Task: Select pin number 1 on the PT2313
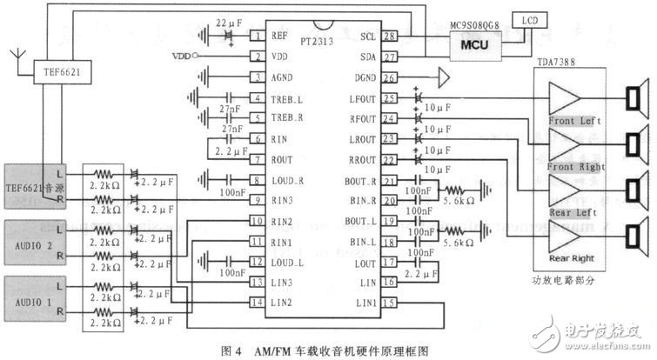point(258,37)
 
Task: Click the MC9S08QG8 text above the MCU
point(479,25)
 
